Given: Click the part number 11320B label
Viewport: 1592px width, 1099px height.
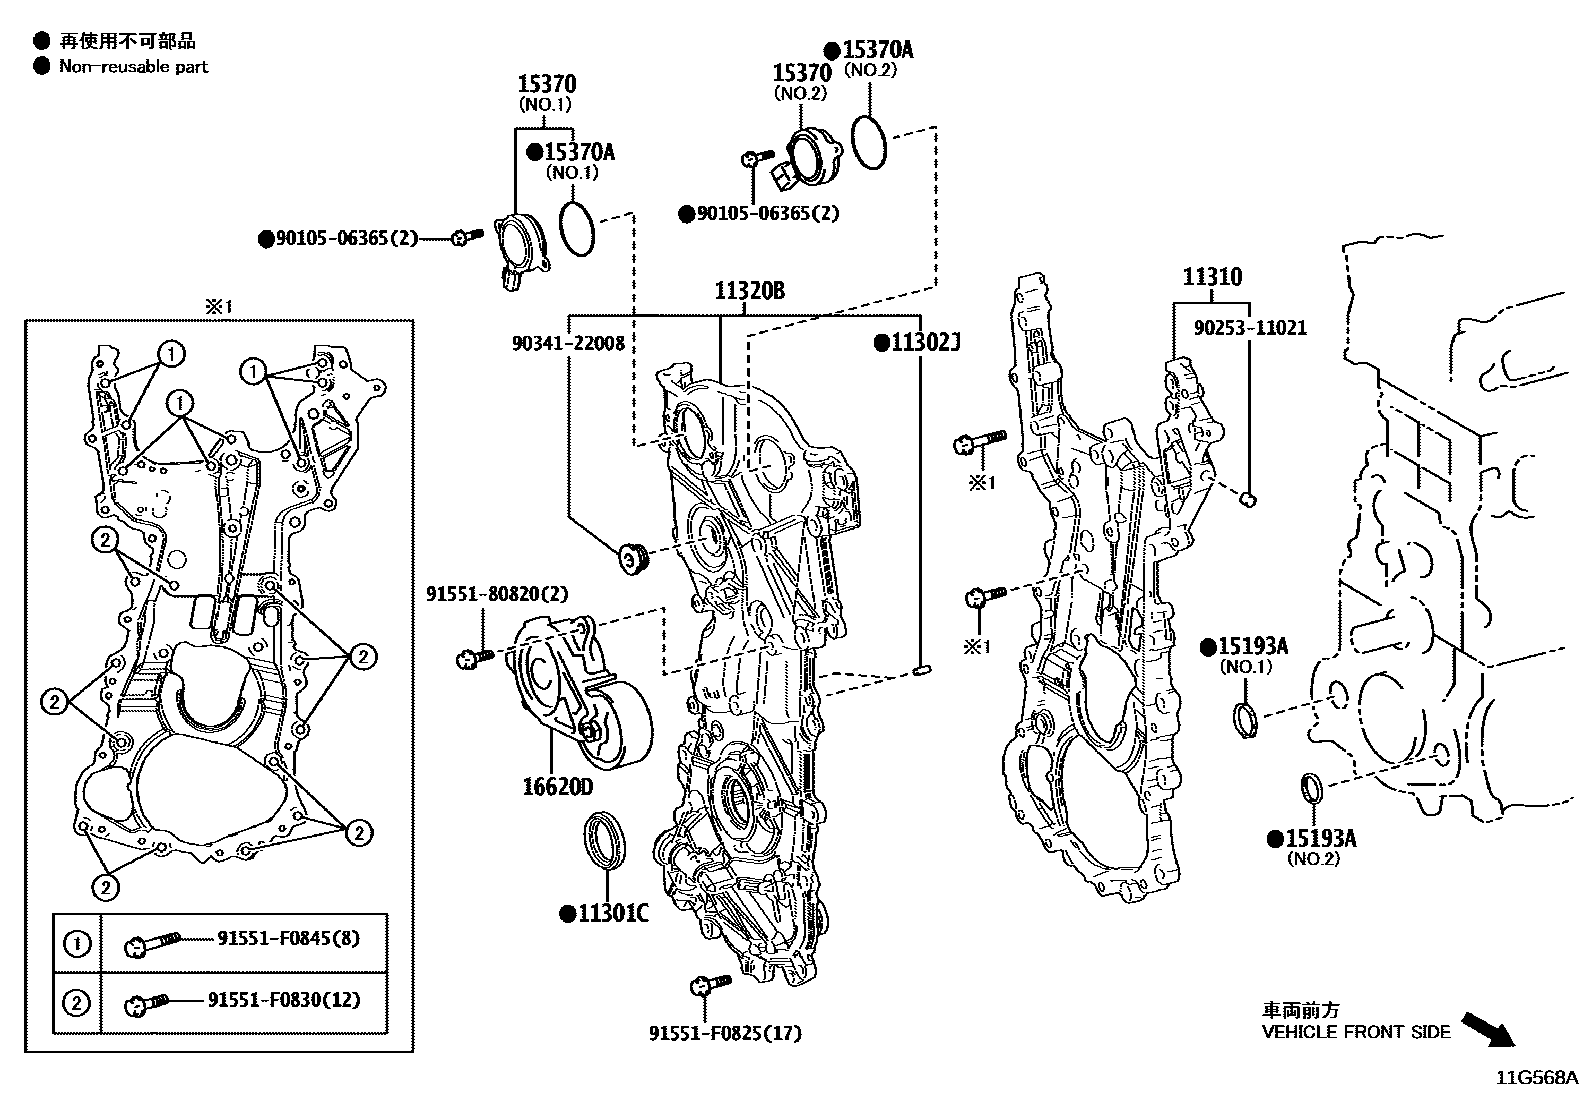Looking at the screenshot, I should pyautogui.click(x=749, y=291).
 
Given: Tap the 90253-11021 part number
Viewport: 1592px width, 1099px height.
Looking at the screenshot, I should pyautogui.click(x=1250, y=328).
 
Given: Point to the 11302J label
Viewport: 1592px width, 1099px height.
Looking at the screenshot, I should pyautogui.click(x=917, y=343).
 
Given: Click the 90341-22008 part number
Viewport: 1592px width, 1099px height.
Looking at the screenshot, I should pyautogui.click(x=568, y=343).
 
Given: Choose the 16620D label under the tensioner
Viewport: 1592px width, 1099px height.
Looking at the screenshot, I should pyautogui.click(x=556, y=787).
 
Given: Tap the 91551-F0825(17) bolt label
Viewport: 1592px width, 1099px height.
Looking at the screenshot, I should pyautogui.click(x=725, y=1033).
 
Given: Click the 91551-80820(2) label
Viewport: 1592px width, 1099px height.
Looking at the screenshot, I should pyautogui.click(x=497, y=594).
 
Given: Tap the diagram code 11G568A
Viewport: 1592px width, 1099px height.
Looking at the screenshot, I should pyautogui.click(x=1536, y=1078).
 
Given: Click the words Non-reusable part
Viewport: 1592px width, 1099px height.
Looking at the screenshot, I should pyautogui.click(x=134, y=66).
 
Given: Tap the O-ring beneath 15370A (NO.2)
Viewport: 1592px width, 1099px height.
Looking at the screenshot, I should pyautogui.click(x=869, y=142).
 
